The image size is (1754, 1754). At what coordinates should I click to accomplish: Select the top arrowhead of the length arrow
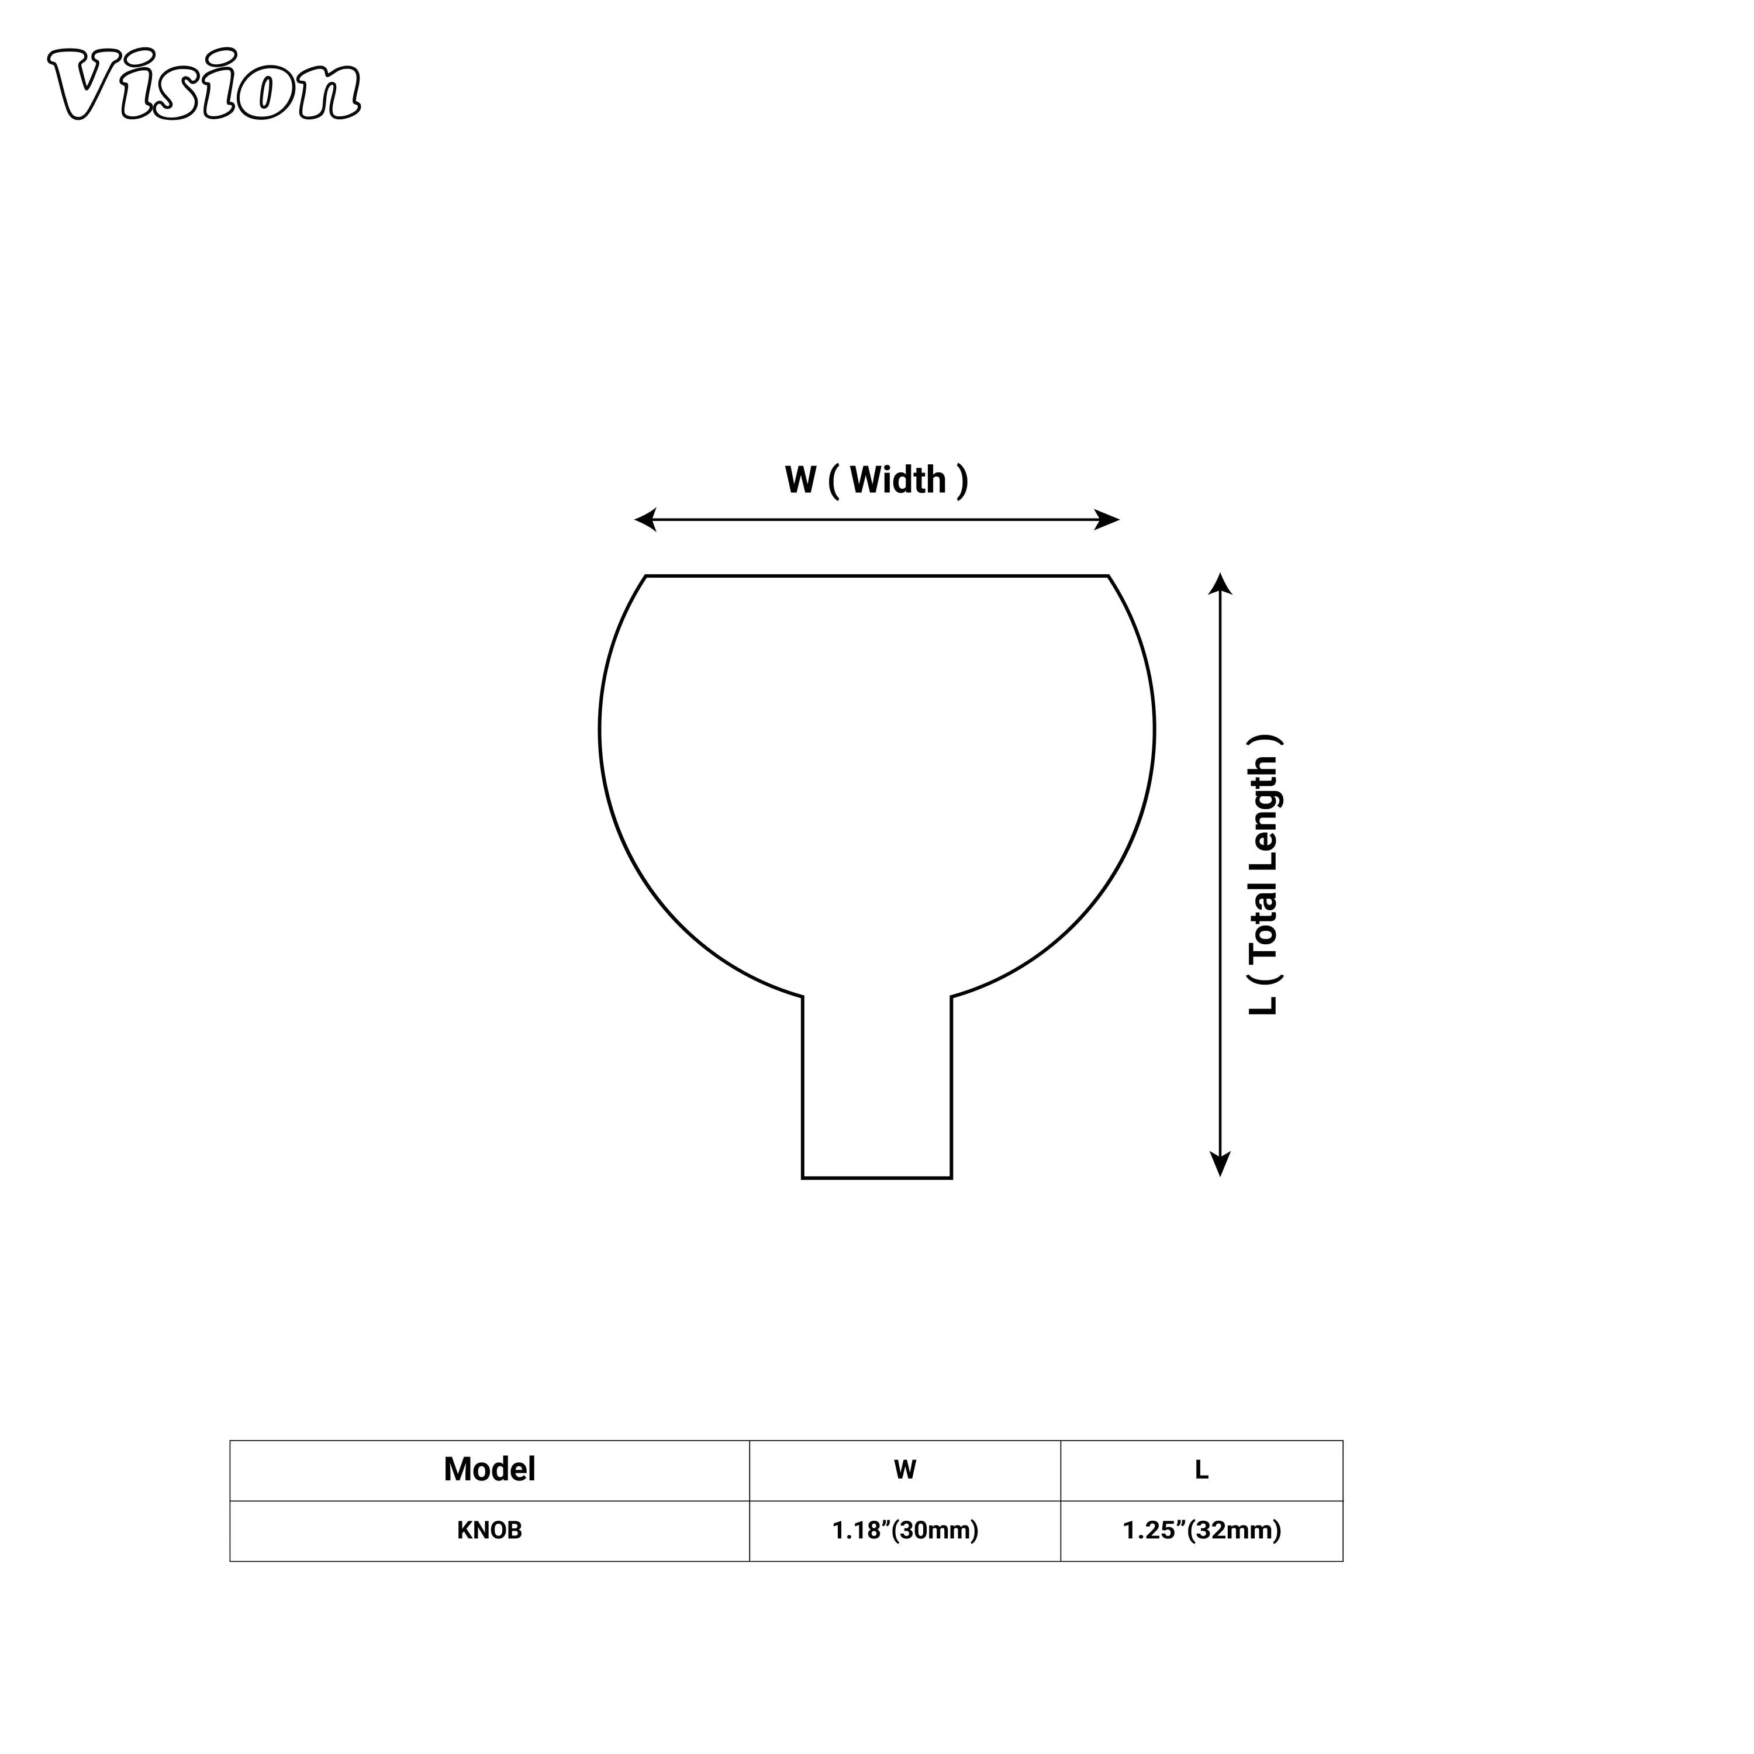pos(1220,583)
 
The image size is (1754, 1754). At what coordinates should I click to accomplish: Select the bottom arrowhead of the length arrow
pos(1220,1165)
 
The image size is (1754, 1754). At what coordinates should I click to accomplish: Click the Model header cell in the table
pos(489,1470)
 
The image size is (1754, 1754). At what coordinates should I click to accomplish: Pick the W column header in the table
pos(904,1470)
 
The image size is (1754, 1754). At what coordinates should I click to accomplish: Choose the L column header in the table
pos(1201,1470)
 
